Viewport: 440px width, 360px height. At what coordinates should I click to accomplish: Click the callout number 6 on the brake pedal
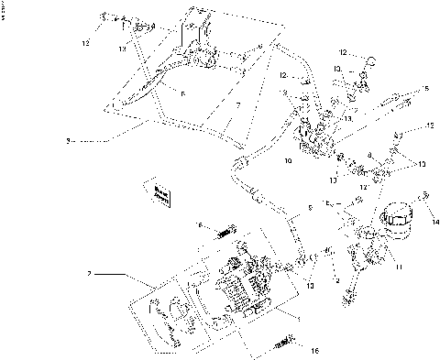coord(183,93)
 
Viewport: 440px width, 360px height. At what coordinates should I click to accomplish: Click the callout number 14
coord(435,222)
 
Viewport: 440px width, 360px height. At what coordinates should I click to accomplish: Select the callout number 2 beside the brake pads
coord(89,274)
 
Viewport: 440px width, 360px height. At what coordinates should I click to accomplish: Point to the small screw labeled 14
coord(425,195)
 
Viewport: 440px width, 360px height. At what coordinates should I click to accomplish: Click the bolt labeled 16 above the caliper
coord(224,234)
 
